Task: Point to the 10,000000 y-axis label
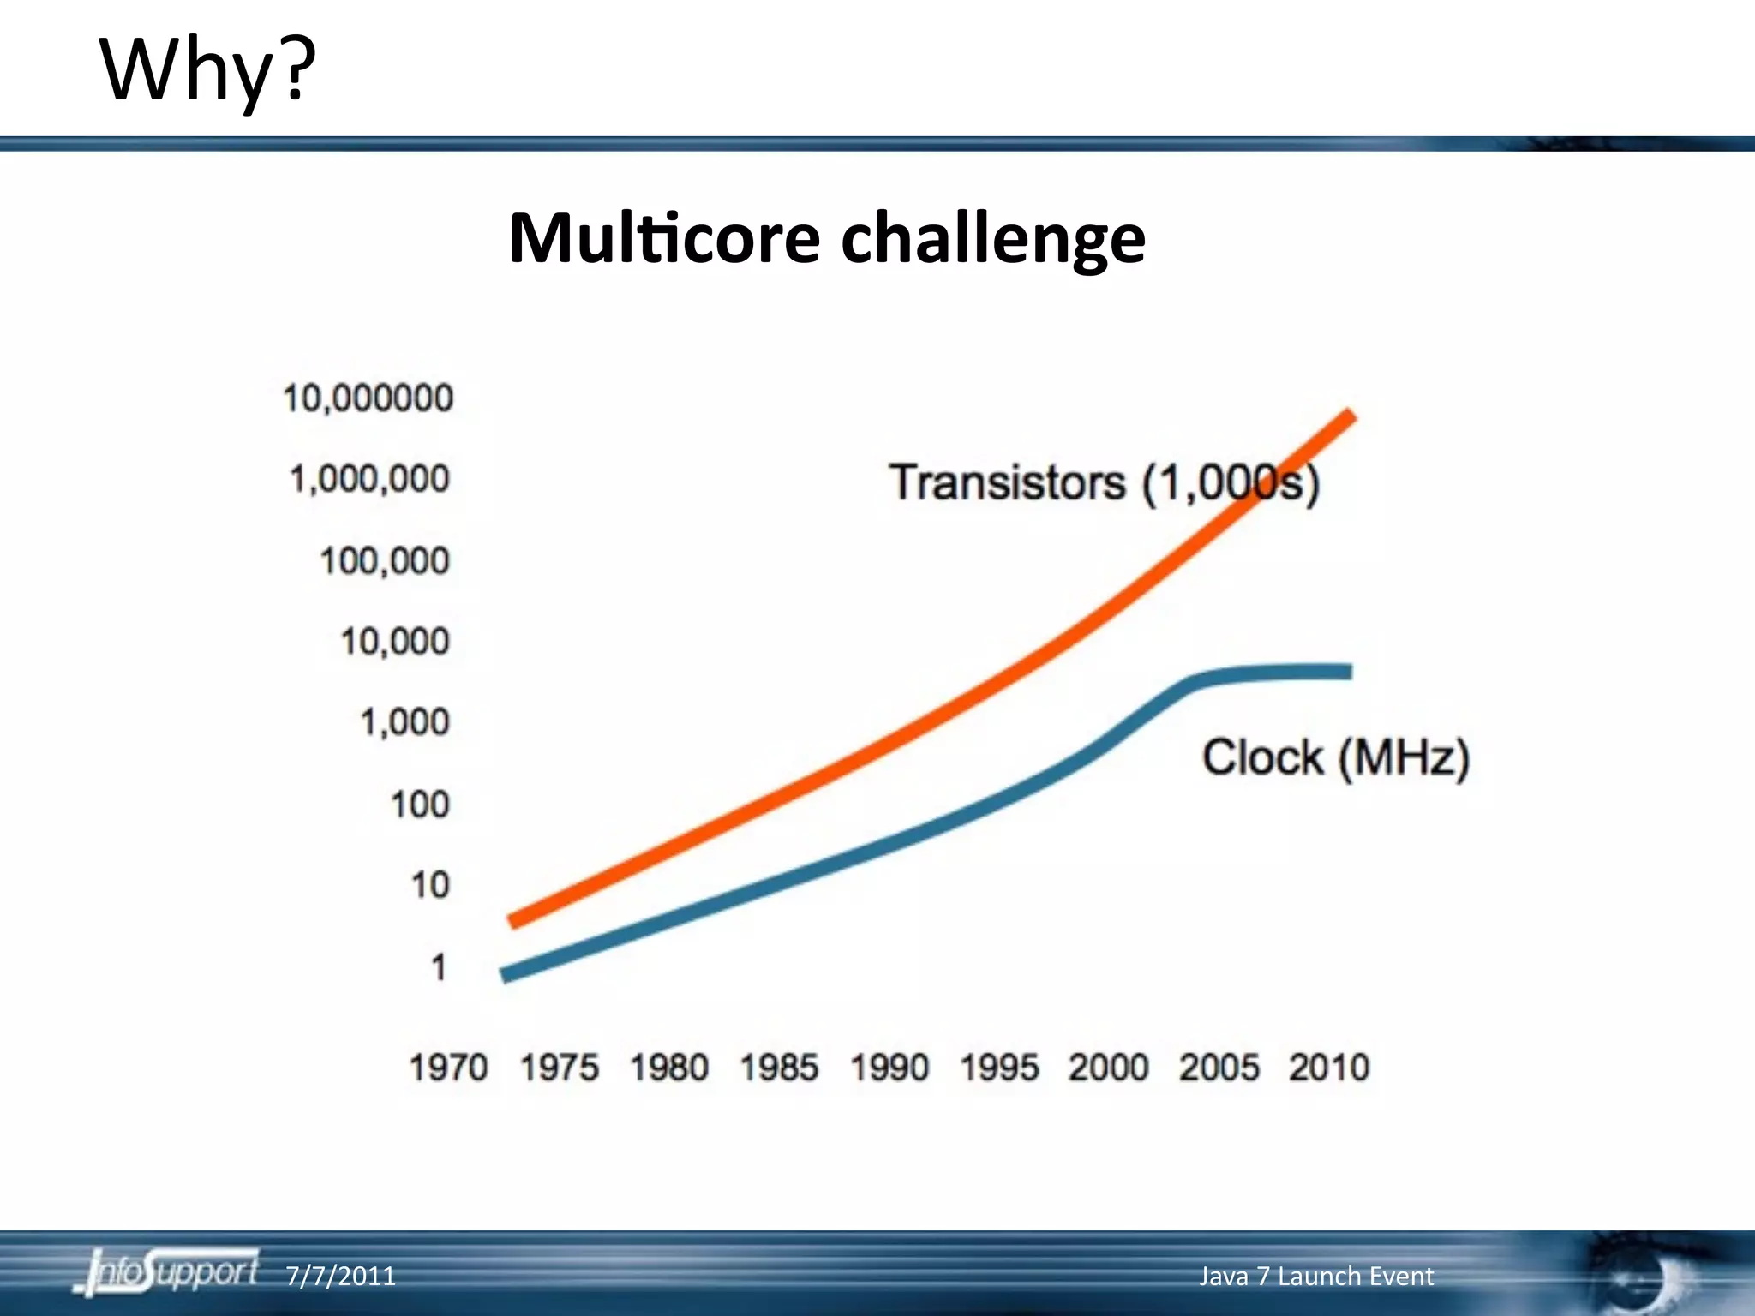tap(368, 398)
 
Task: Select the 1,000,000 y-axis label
tap(369, 479)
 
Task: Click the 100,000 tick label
tap(385, 561)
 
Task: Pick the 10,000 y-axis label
tap(395, 642)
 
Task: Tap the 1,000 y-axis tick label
tap(404, 722)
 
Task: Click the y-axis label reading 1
tap(438, 967)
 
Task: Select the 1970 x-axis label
tap(448, 1068)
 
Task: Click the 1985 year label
tap(779, 1068)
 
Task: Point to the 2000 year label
tap(1108, 1068)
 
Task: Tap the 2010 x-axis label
tap(1329, 1068)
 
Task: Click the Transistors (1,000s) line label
tap(1104, 482)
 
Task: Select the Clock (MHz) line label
tap(1336, 757)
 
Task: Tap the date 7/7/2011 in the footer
tap(340, 1276)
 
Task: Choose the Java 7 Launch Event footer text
tap(1315, 1276)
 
